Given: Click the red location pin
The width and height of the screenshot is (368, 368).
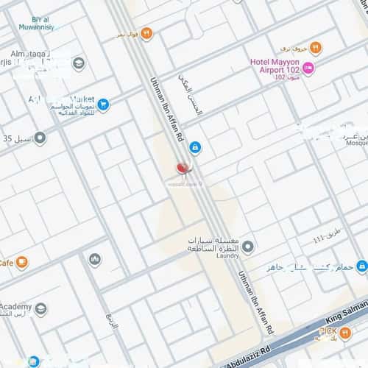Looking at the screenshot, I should point(183,168).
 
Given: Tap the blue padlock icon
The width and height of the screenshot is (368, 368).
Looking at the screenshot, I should point(194,147).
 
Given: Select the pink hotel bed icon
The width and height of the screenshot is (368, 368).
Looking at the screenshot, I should point(308,68).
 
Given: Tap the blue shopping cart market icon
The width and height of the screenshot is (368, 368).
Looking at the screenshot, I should point(103,105).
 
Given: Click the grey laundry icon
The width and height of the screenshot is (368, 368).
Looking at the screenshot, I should point(249,246).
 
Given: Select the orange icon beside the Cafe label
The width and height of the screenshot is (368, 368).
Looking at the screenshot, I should point(22,262).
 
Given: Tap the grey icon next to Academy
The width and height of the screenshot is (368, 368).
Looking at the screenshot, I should point(40,308).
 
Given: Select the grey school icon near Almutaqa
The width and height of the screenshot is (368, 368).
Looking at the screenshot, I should point(78,63).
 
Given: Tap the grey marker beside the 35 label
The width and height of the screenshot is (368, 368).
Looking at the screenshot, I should point(40,138).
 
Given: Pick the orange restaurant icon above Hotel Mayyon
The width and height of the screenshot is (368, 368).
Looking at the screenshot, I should point(316,48).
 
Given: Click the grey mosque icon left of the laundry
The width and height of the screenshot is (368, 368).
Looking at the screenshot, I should point(95,259).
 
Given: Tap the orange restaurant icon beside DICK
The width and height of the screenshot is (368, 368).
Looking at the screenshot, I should point(344,332).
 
